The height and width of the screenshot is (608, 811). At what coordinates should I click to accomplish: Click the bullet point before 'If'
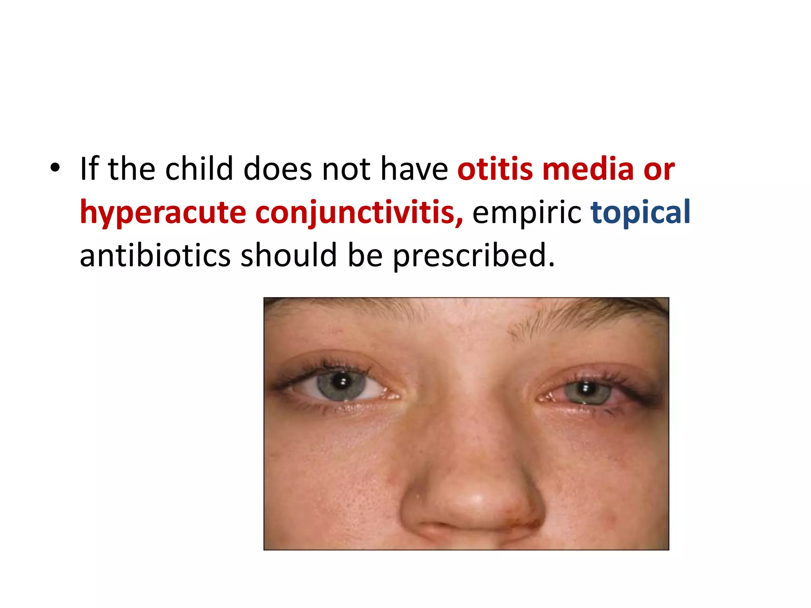pyautogui.click(x=55, y=168)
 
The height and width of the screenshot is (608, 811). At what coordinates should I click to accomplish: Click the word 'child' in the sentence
pyautogui.click(x=199, y=169)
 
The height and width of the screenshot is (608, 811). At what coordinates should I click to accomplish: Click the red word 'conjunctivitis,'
pyautogui.click(x=359, y=213)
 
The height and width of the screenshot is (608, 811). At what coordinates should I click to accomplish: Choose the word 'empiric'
pyautogui.click(x=527, y=213)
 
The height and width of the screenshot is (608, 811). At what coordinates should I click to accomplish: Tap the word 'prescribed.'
pyautogui.click(x=474, y=256)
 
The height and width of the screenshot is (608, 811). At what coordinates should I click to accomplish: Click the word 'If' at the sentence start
pyautogui.click(x=89, y=169)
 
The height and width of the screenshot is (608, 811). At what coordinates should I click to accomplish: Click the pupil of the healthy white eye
pyautogui.click(x=340, y=382)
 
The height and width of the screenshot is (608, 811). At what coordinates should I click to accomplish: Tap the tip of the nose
pyautogui.click(x=471, y=501)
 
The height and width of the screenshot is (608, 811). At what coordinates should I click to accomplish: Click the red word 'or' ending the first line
pyautogui.click(x=659, y=169)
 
